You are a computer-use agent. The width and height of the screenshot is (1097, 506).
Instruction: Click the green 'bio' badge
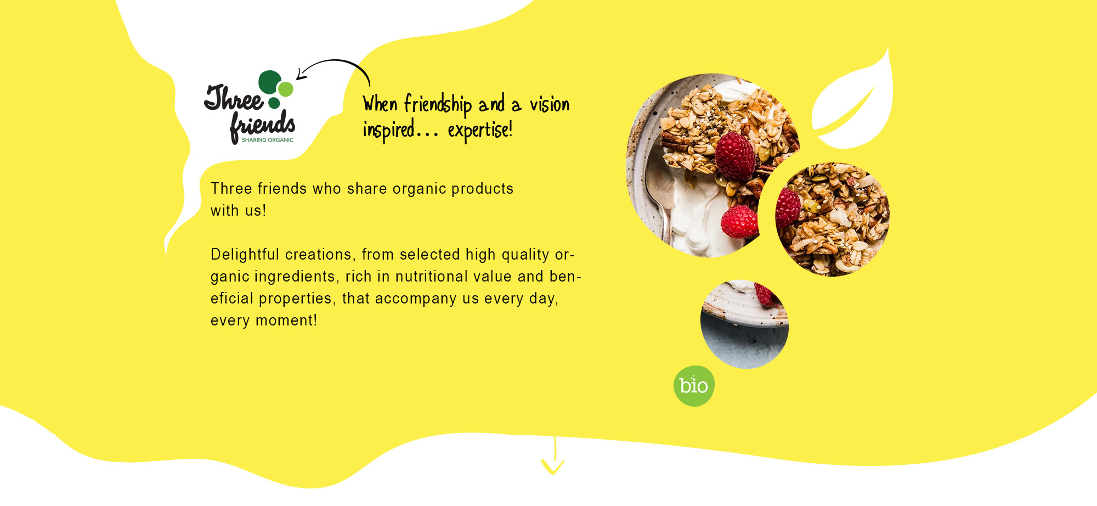[694, 386]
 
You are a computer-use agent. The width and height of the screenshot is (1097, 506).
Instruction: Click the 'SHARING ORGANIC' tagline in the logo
[268, 140]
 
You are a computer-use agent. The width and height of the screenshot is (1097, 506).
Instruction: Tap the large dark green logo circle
[270, 82]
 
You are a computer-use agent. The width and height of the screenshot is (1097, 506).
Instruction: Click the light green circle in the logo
[286, 89]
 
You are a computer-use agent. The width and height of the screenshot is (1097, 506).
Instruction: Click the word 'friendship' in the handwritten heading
[438, 105]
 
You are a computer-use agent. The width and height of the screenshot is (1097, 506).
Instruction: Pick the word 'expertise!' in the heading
[480, 131]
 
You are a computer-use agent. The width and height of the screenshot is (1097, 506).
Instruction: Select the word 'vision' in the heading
[550, 104]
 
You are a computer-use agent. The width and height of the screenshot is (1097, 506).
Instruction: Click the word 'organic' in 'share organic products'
[420, 189]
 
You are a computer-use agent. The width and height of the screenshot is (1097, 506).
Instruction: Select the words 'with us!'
[239, 210]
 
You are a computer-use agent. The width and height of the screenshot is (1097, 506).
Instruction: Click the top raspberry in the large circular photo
[735, 156]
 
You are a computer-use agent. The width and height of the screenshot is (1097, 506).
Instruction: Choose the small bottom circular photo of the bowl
[744, 324]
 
